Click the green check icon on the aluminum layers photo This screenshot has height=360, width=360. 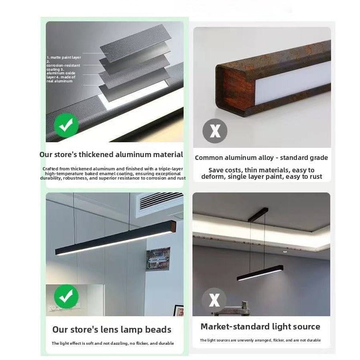tap(66, 125)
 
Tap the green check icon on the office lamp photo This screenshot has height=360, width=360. tap(66, 297)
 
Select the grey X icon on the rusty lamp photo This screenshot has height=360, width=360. tap(215, 131)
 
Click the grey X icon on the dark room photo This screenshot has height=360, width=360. tap(214, 300)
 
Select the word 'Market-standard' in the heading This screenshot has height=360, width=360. tap(233, 327)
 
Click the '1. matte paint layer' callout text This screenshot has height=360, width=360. tap(64, 57)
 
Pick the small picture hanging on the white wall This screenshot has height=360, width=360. tap(158, 259)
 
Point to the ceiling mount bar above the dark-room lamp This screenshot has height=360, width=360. tap(258, 215)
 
